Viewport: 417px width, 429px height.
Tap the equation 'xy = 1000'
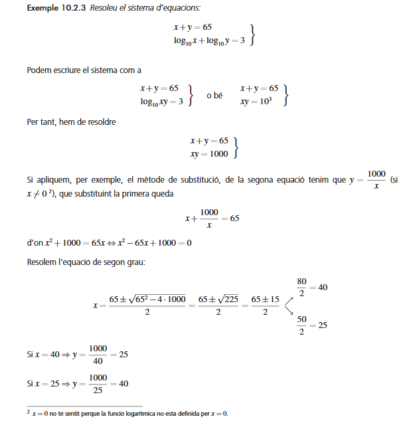coord(208,154)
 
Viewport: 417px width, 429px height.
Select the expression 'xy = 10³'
coord(260,101)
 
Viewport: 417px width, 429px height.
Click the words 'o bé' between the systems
coord(214,95)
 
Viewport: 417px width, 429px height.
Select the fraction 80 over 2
coord(301,288)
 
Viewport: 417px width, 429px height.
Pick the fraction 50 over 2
coord(301,325)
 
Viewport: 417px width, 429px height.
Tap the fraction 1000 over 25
coord(98,383)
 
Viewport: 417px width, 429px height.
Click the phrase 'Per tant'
coord(42,122)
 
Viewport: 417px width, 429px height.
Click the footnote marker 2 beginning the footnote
coord(29,412)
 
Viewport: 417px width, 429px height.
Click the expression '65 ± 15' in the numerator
coord(265,300)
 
